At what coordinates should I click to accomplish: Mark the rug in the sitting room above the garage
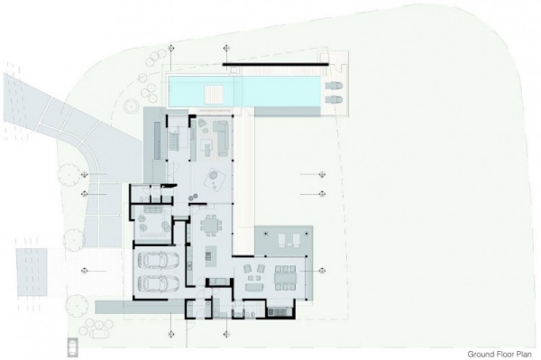148,220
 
